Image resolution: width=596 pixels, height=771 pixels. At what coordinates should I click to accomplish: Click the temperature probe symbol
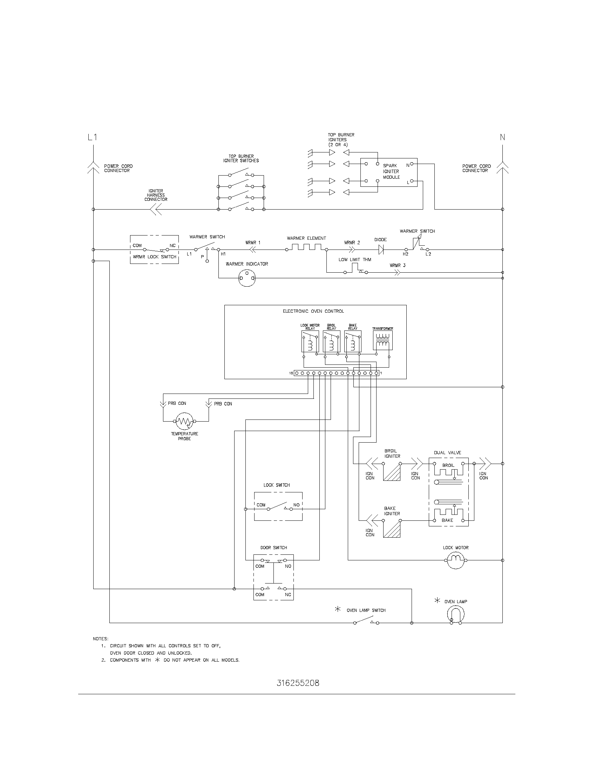click(x=184, y=421)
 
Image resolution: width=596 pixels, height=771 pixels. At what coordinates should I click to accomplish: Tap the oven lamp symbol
click(x=455, y=615)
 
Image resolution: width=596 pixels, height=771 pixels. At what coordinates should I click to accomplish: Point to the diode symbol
click(x=381, y=250)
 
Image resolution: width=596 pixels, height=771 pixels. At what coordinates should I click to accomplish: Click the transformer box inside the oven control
click(x=382, y=340)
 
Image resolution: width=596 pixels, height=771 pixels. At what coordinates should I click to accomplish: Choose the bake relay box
click(x=353, y=341)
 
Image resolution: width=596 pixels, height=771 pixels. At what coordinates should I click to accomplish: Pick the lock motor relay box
click(x=310, y=341)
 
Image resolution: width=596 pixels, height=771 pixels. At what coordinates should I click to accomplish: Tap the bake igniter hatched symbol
click(x=392, y=529)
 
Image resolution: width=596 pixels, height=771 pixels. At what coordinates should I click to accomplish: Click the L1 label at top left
click(x=92, y=137)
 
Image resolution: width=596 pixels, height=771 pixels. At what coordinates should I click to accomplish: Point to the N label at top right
click(x=502, y=137)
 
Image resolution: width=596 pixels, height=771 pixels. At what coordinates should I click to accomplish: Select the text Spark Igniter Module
click(x=391, y=171)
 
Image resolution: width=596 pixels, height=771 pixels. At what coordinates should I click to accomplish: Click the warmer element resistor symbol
click(x=306, y=247)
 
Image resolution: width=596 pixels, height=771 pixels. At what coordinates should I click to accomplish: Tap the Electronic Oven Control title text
click(x=313, y=311)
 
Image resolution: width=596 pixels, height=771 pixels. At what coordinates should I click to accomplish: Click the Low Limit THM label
click(x=354, y=259)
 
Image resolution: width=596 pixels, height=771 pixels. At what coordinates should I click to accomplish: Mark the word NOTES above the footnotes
click(x=101, y=639)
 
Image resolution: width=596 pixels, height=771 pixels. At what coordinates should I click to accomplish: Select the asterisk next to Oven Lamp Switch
click(x=338, y=609)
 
